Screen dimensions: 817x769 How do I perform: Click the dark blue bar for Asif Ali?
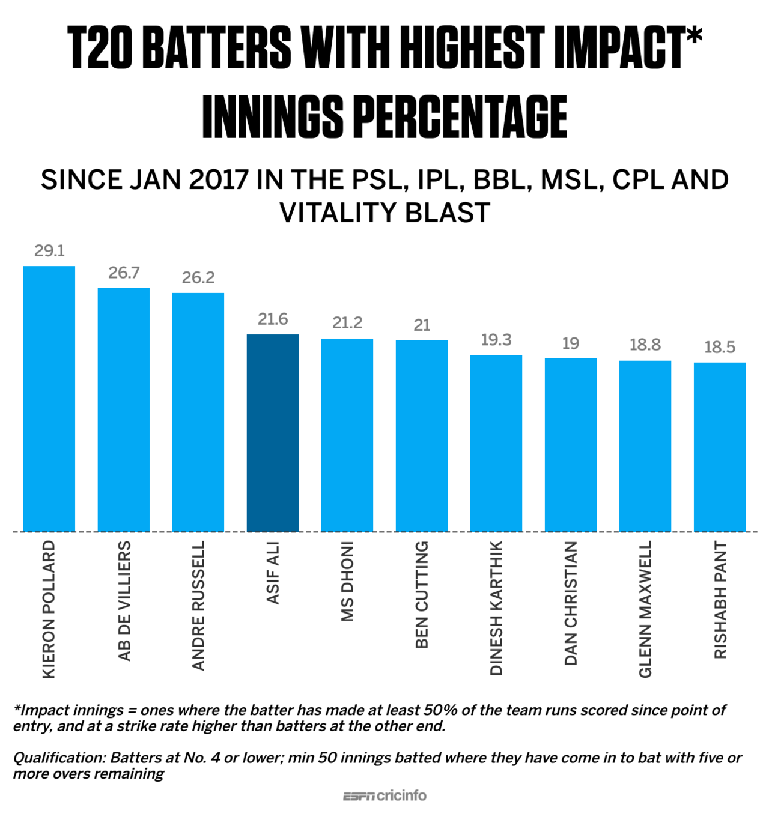click(x=272, y=432)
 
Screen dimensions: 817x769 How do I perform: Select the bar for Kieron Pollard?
click(x=49, y=399)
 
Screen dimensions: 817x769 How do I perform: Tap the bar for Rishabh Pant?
click(x=719, y=447)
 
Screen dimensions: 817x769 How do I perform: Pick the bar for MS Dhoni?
click(x=347, y=435)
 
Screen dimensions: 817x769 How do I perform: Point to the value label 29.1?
click(x=49, y=251)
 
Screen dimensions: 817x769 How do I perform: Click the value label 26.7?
click(x=124, y=273)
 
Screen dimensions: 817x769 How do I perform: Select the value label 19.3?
click(x=496, y=340)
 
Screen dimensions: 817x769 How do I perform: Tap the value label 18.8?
click(x=645, y=345)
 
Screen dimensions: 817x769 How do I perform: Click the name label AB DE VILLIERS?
click(x=124, y=601)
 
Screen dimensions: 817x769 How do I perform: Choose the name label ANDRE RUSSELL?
click(x=198, y=605)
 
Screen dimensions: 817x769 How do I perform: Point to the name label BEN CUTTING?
click(x=422, y=594)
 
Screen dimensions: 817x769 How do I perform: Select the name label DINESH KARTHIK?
click(x=496, y=607)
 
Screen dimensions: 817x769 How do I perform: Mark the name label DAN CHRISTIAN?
click(x=571, y=603)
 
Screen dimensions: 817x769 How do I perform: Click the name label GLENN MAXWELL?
click(x=645, y=609)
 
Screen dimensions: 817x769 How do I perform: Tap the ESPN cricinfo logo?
click(x=384, y=796)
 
